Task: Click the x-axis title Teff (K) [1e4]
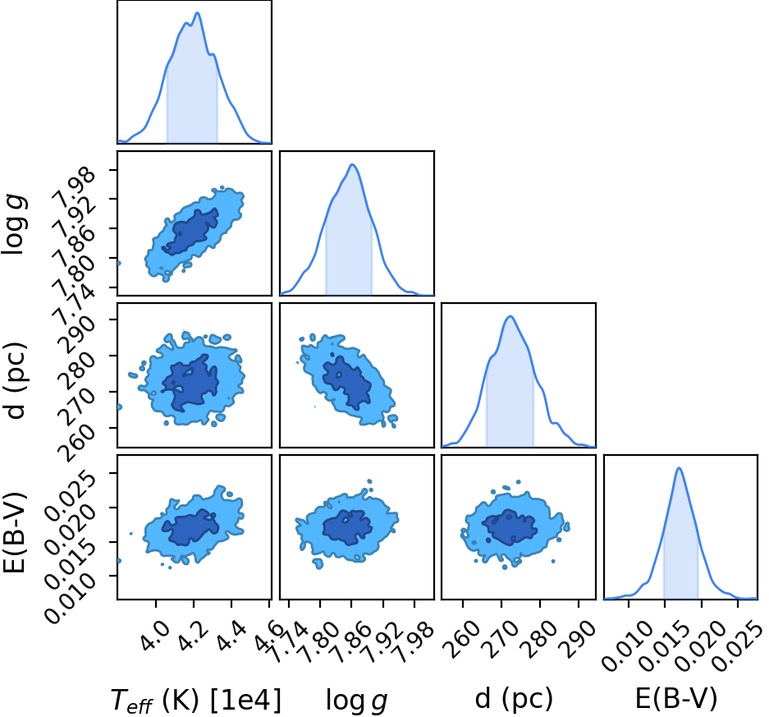(x=196, y=700)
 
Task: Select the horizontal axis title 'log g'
(x=356, y=700)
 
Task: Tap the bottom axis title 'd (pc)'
(x=514, y=698)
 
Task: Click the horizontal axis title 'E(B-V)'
(x=676, y=698)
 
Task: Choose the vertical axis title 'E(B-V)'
(x=14, y=532)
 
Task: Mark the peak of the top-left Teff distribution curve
(x=198, y=13)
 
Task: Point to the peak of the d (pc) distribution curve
(x=510, y=316)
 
